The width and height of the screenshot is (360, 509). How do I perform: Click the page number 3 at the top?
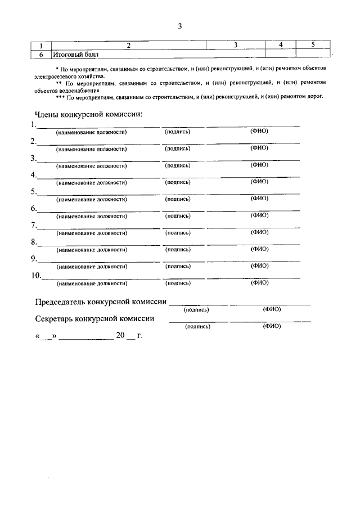tap(179, 26)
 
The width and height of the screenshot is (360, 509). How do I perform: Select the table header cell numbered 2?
tap(129, 45)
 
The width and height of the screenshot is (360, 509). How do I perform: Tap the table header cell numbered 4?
tap(280, 44)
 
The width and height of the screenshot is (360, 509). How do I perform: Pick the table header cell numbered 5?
tap(313, 44)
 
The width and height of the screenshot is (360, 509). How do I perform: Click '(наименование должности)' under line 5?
tap(91, 199)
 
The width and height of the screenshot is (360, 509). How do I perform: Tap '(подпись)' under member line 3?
tap(178, 165)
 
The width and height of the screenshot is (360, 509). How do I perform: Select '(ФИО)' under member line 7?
tap(259, 232)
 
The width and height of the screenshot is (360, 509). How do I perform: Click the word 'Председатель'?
tap(60, 302)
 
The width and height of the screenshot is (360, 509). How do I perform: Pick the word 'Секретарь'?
tap(56, 318)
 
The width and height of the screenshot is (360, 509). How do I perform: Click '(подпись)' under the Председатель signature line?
tap(196, 309)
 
